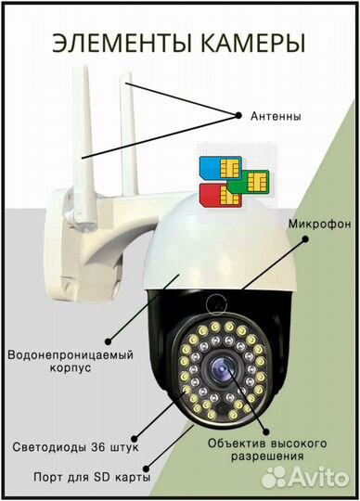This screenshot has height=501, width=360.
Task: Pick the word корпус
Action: coord(70,370)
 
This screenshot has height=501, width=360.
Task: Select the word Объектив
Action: coord(238,442)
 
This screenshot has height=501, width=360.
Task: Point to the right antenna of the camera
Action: coord(126,121)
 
